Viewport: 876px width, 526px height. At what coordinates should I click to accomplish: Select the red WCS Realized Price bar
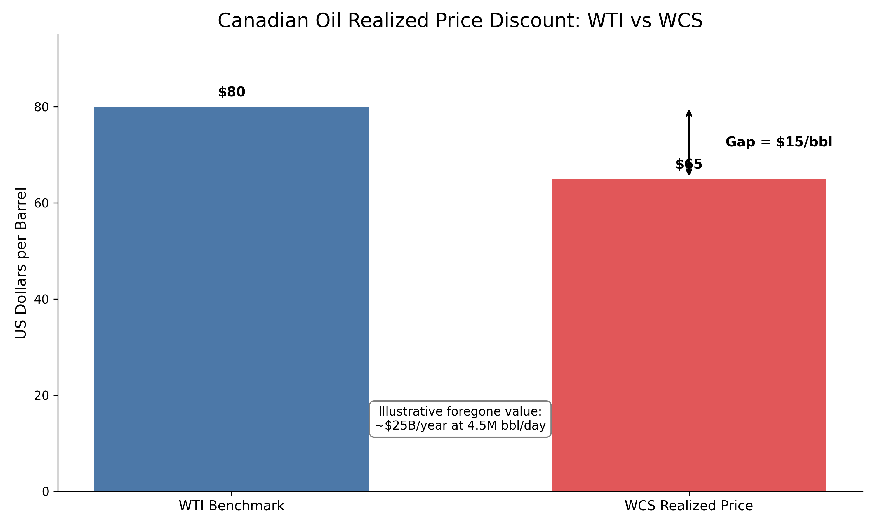(689, 335)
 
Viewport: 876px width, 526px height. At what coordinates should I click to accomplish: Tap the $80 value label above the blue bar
(232, 92)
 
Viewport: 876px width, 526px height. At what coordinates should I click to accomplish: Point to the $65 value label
(689, 165)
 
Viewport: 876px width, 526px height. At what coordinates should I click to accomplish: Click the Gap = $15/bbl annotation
(779, 142)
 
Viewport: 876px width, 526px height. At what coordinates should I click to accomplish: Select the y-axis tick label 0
(46, 492)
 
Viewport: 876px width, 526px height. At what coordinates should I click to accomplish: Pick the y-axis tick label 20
(41, 396)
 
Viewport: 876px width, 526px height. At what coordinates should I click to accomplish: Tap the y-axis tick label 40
(41, 300)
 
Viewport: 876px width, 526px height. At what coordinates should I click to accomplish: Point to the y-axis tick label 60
(41, 203)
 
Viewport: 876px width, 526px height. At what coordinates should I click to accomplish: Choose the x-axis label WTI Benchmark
(231, 506)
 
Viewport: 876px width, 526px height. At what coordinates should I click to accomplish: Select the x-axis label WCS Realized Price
(689, 506)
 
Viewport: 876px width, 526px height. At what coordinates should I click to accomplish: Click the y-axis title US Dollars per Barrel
(21, 263)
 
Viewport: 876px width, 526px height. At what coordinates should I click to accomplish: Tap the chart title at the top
(460, 20)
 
